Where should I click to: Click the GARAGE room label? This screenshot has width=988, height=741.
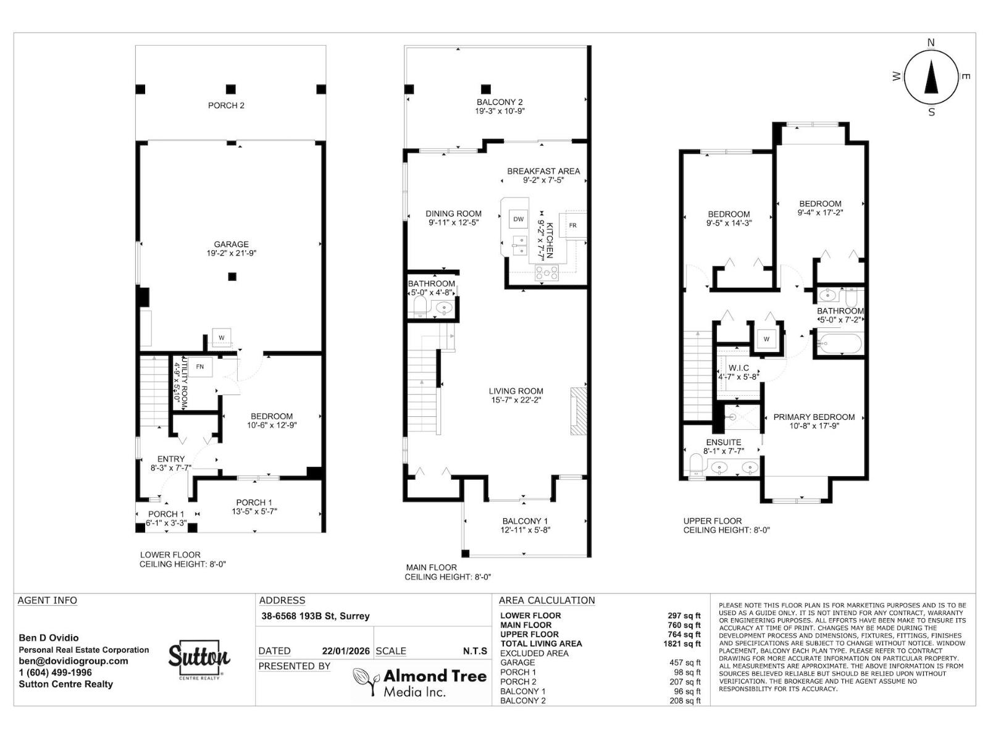click(x=231, y=245)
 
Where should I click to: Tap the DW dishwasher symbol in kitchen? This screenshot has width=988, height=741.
click(x=518, y=219)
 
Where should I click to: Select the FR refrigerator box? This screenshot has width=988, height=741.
click(x=572, y=225)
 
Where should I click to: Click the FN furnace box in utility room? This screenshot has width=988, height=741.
click(x=199, y=367)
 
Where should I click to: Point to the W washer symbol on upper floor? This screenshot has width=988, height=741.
click(x=766, y=339)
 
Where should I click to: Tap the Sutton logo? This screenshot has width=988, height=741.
click(x=199, y=659)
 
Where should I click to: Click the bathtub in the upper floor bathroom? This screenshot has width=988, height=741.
click(x=840, y=345)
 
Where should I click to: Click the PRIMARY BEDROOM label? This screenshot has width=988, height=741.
click(x=814, y=417)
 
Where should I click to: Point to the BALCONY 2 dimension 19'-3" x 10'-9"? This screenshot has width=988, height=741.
click(x=500, y=111)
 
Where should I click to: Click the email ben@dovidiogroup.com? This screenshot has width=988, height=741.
click(x=73, y=661)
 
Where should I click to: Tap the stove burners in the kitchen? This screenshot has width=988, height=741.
click(x=546, y=272)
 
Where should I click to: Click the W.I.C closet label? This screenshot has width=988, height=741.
click(x=739, y=368)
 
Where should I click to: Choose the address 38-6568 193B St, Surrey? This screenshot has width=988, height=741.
click(x=315, y=616)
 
